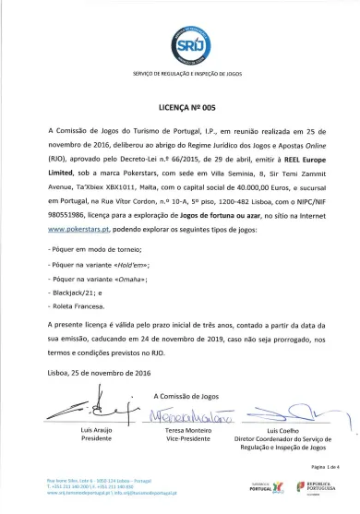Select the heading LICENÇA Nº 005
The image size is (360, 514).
click(180, 106)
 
